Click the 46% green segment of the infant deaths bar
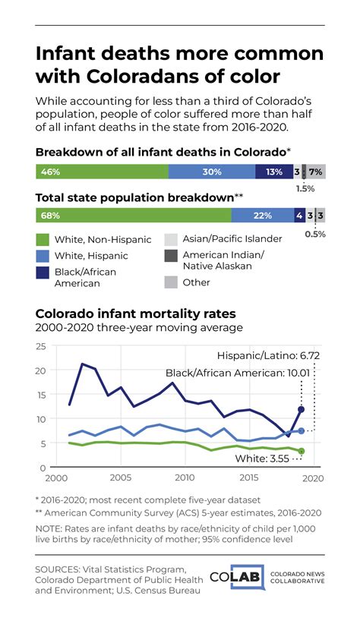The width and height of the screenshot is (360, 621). [x=102, y=172]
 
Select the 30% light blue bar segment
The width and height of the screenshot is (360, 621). [x=211, y=172]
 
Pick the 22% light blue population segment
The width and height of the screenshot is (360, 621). [x=262, y=216]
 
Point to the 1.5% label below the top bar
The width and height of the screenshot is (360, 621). [x=305, y=188]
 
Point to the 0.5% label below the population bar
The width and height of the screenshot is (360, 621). [x=315, y=234]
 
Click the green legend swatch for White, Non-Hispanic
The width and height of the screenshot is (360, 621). [x=43, y=239]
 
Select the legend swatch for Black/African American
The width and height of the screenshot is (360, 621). [x=43, y=273]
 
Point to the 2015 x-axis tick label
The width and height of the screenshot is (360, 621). [x=248, y=478]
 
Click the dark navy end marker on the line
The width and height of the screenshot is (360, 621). [x=301, y=410]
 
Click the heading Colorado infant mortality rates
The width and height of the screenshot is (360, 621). [x=136, y=314]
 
